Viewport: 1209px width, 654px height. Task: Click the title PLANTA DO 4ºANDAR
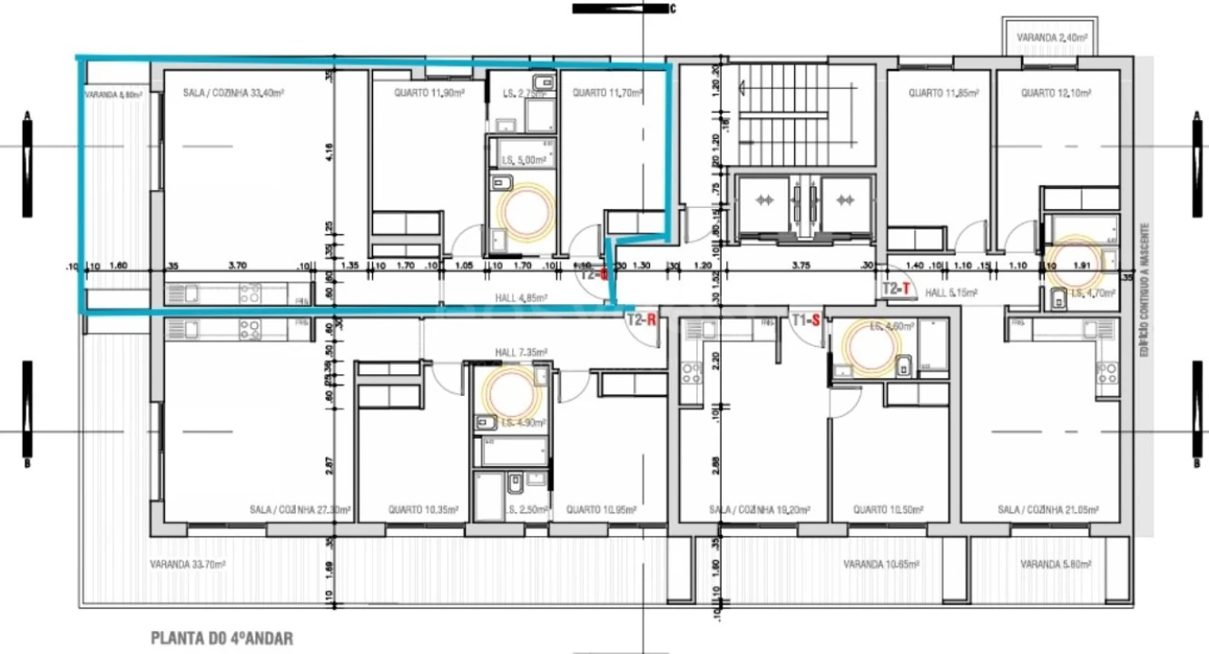221,639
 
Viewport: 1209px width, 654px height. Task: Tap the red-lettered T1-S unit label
807,320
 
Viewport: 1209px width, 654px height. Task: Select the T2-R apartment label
642,320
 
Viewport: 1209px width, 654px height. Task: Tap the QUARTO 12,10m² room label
1055,93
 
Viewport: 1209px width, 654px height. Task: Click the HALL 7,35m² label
517,352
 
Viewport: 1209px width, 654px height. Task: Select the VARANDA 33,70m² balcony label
187,564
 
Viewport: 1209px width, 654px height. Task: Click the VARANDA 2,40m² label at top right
1052,39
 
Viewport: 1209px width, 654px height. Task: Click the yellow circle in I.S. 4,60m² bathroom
873,349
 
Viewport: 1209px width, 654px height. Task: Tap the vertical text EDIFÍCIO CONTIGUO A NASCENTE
1146,289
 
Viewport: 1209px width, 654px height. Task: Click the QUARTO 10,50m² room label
890,510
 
